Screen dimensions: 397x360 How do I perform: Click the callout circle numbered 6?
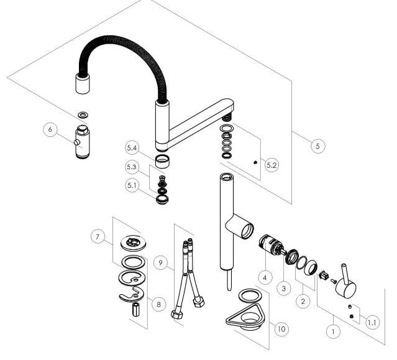(x=50, y=129)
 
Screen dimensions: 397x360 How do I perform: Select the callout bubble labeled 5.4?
(x=132, y=148)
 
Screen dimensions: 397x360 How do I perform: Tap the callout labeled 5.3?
(x=132, y=167)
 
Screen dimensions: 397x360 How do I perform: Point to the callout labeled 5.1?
(x=132, y=185)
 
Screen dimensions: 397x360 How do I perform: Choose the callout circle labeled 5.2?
(x=272, y=165)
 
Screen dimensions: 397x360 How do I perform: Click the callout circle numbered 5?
(x=317, y=146)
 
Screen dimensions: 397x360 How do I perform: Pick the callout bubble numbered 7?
(x=98, y=237)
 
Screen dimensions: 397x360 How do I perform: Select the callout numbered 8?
(x=159, y=304)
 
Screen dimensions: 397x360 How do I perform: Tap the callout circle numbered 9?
(x=160, y=263)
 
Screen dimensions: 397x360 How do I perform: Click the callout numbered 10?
(x=281, y=329)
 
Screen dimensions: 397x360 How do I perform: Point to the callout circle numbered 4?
(x=265, y=278)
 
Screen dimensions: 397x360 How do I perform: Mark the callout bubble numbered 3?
(x=284, y=288)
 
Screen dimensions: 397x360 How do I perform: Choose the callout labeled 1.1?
(x=372, y=323)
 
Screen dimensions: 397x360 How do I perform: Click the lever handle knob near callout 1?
(x=346, y=281)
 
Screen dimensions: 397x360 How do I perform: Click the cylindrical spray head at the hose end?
(x=83, y=84)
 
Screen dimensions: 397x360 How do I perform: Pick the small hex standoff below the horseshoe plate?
(x=136, y=310)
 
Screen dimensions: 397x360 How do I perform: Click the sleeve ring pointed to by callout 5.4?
(x=163, y=162)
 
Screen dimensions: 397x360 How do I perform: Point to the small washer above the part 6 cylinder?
(x=83, y=115)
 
